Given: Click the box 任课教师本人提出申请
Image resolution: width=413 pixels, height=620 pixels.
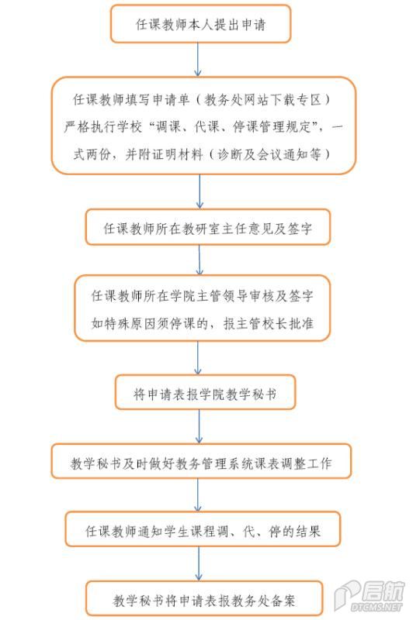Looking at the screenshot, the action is point(200,24).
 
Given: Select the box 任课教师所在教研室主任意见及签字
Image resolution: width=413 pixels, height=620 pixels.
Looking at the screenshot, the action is point(208,227).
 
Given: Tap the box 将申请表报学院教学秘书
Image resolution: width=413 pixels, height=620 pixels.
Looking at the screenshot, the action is point(205,392).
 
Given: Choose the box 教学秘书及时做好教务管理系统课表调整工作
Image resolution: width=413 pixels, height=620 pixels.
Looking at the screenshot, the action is point(201,461).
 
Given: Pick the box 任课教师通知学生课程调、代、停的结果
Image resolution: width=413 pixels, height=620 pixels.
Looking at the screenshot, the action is point(203,529).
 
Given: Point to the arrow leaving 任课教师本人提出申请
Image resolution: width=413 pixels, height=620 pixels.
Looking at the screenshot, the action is point(198,60).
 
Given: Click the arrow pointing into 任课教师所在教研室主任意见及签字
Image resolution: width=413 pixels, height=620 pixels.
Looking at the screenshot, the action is point(200,191).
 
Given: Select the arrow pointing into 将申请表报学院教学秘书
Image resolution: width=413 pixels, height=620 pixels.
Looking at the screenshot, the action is point(198,358).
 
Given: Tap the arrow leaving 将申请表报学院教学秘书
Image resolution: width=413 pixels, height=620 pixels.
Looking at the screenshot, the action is point(200,426).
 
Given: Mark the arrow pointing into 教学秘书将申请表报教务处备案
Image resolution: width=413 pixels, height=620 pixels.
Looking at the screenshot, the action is point(199,563).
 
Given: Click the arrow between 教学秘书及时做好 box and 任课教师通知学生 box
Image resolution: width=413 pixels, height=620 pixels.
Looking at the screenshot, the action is point(198,495).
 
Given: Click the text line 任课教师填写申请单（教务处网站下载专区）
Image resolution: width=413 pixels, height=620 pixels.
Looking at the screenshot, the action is point(202,100).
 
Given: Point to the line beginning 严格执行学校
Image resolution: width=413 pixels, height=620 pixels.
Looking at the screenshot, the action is point(203,127).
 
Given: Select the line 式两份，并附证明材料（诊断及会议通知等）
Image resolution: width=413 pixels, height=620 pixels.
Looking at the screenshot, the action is point(202,154).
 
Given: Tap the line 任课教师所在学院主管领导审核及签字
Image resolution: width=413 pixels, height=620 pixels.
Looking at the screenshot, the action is point(203,295).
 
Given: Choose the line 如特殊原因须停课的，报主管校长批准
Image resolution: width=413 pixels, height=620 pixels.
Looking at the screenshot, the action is point(203,323).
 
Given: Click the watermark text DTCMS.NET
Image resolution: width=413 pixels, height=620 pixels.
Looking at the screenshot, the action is point(377,606).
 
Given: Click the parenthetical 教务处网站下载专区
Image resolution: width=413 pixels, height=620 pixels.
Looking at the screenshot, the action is point(262,100).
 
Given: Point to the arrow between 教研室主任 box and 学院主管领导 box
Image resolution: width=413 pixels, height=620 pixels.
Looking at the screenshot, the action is point(200,260).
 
